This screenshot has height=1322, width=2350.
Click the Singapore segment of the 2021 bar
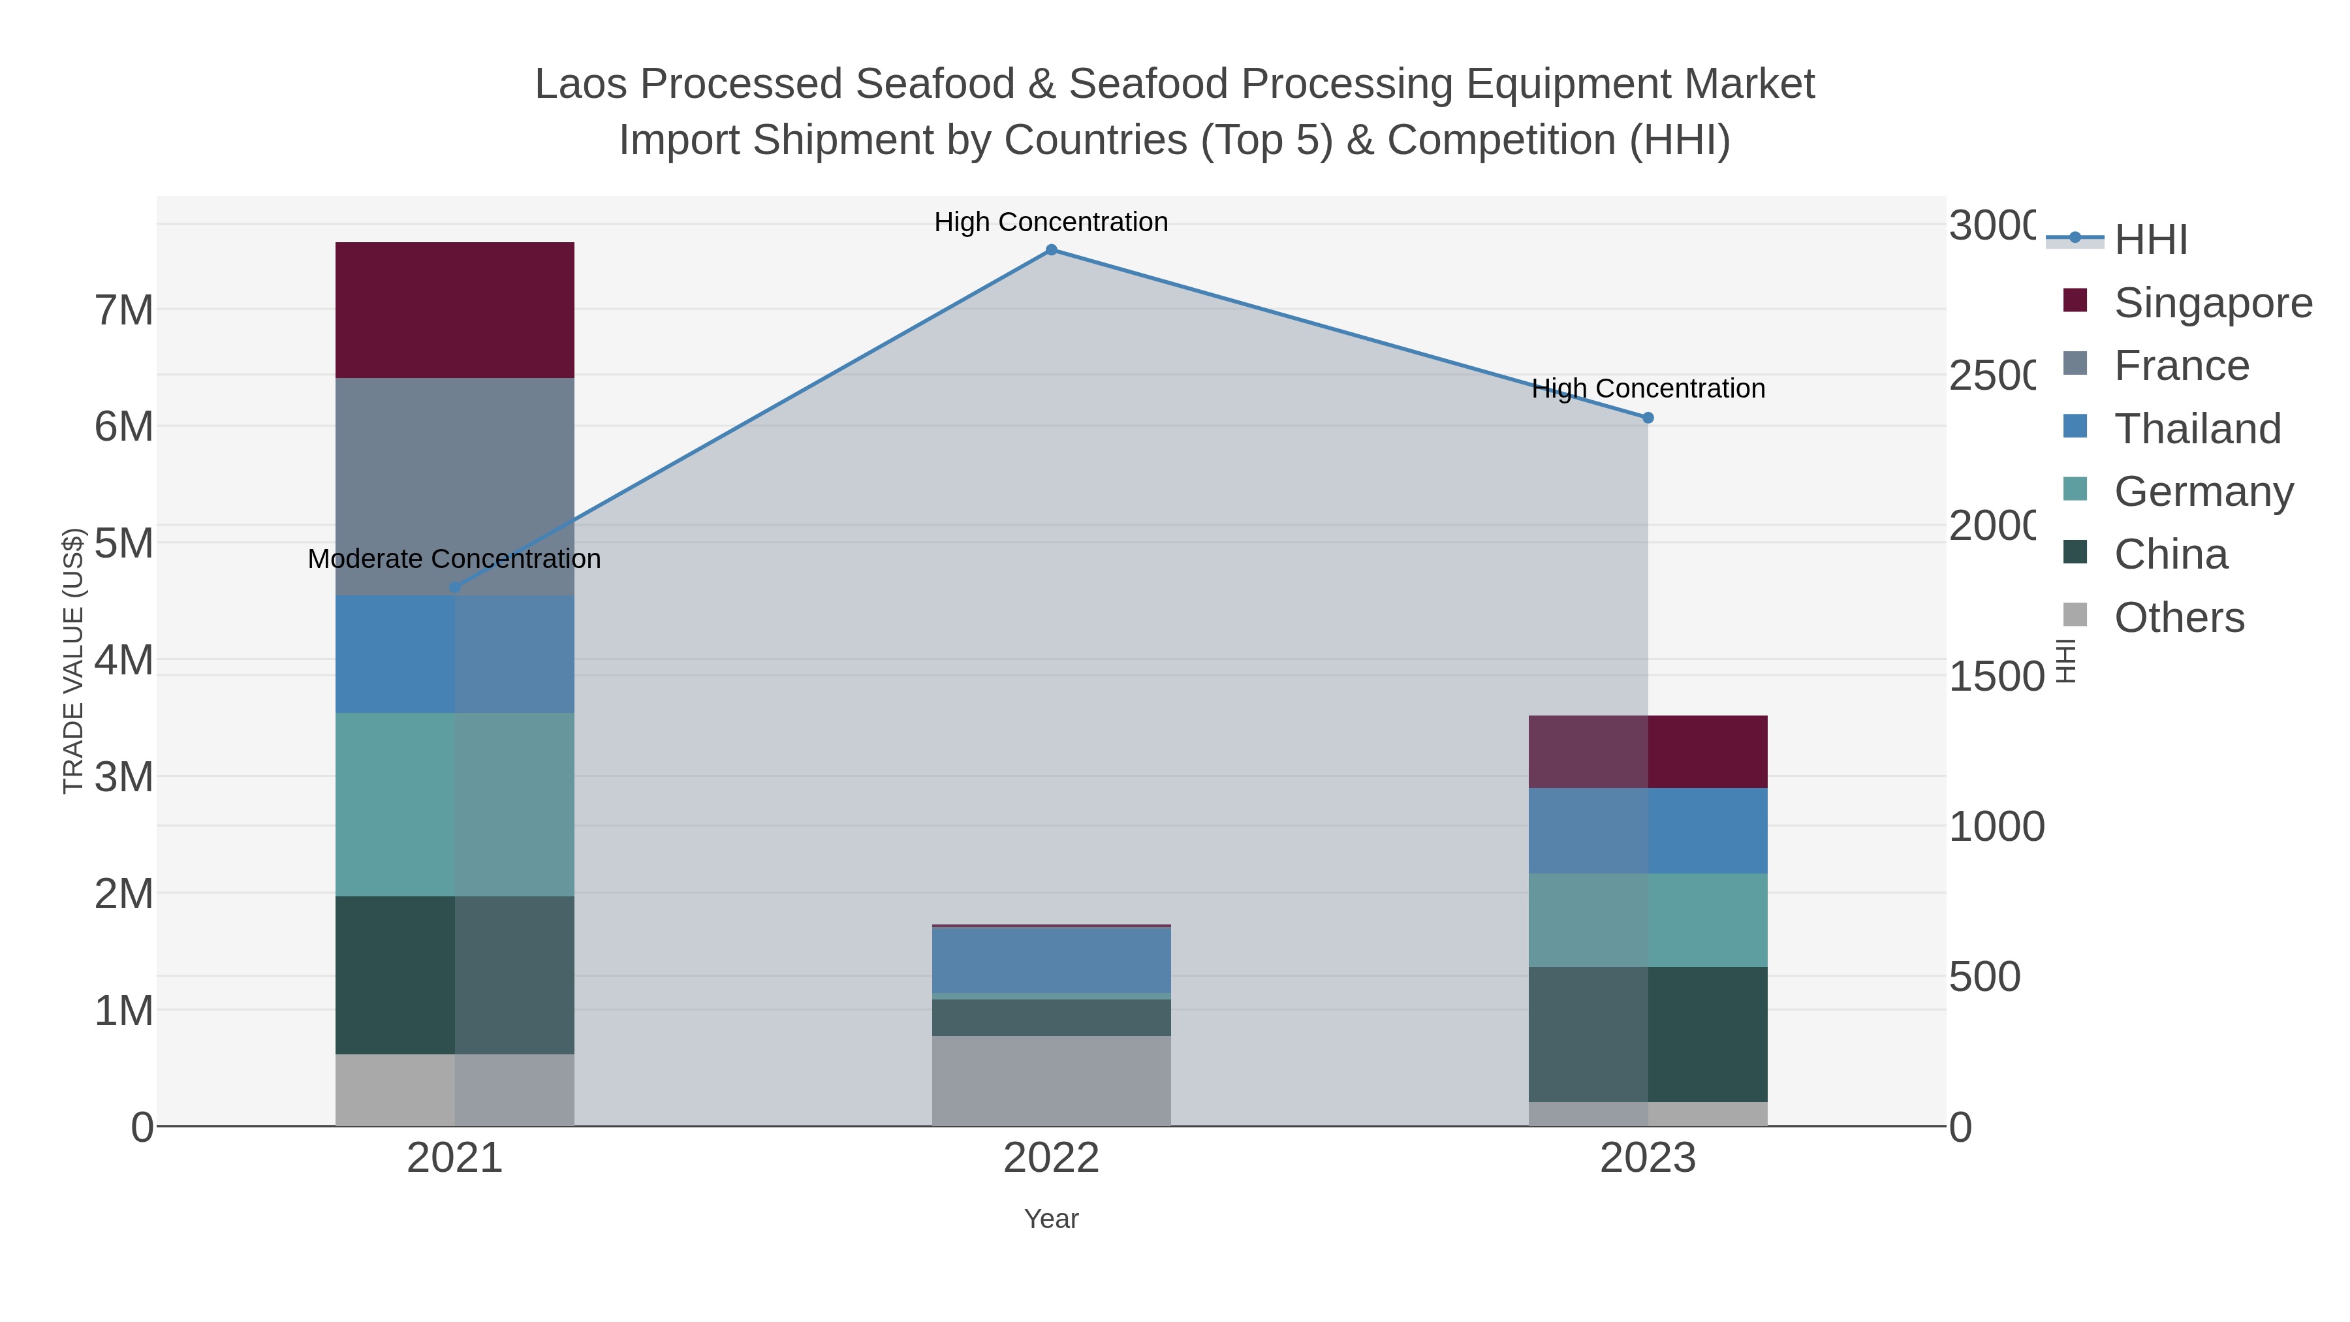coord(454,310)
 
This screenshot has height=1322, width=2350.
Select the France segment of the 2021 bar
coord(454,486)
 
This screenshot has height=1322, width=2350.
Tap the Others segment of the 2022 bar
coord(1051,1080)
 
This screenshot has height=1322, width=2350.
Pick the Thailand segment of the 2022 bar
coord(1051,960)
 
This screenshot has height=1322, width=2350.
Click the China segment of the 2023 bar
coord(1648,1033)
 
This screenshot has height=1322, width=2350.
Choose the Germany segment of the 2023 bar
coord(1648,920)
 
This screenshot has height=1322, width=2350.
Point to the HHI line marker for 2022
coord(1051,250)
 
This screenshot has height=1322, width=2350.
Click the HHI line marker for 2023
coord(1648,418)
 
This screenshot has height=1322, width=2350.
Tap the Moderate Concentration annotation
coord(454,558)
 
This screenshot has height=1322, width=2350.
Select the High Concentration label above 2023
coord(1648,388)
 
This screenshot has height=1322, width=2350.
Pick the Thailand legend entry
coord(2197,429)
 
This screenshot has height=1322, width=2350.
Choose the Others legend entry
coord(2178,618)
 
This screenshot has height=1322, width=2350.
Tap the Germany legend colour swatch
coord(2075,489)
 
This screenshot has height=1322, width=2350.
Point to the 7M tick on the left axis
coord(124,310)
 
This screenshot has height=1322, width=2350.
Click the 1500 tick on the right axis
coord(1996,676)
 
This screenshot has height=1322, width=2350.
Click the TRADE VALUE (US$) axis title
coord(73,661)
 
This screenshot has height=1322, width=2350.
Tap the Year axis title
coord(1051,1219)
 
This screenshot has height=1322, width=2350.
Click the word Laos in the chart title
coord(578,84)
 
